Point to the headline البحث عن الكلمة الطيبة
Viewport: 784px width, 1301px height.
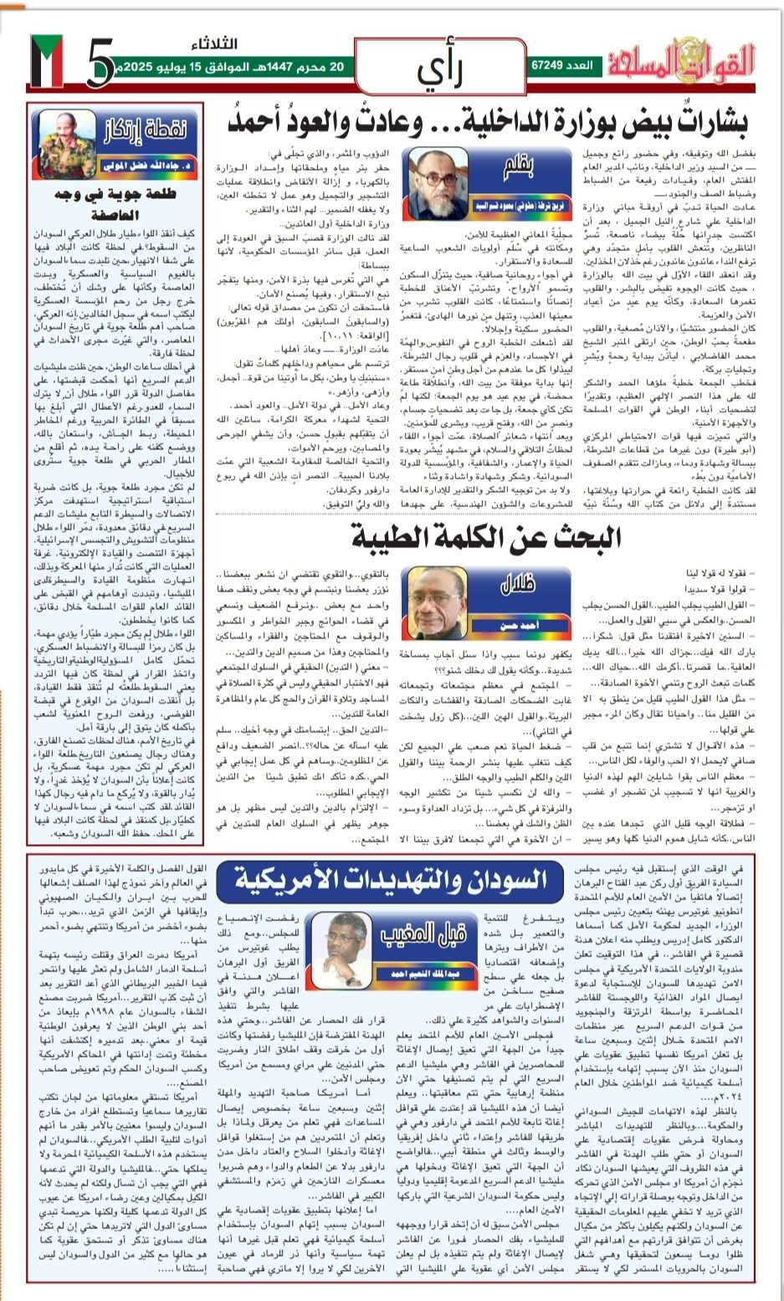coord(485,536)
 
